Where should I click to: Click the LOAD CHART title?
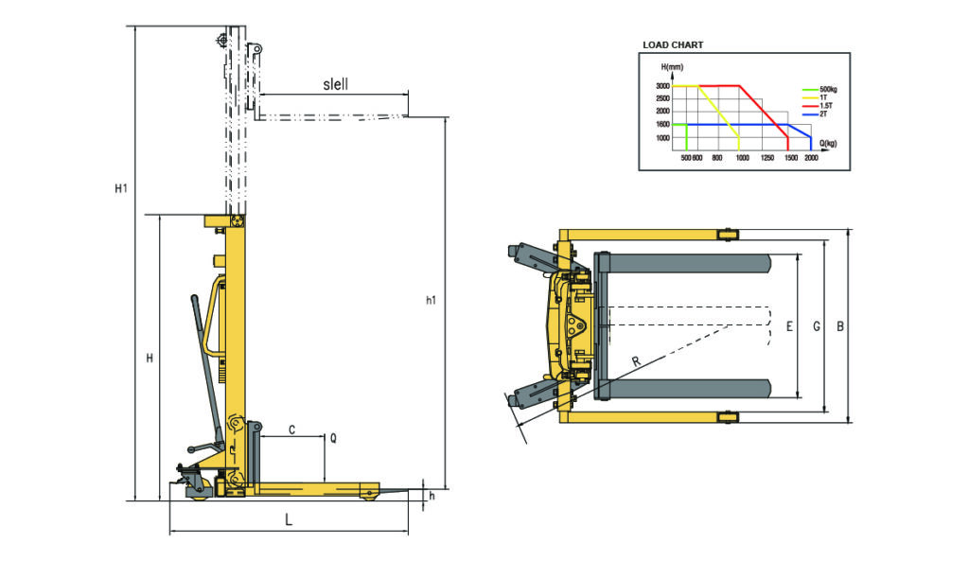coord(673,44)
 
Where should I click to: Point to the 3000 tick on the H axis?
coord(663,86)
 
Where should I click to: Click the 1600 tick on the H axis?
coord(663,125)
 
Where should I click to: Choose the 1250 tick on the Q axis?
coord(767,158)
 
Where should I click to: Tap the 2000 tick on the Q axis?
coord(811,158)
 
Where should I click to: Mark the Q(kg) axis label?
coord(827,143)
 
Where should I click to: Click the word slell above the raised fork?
coord(335,84)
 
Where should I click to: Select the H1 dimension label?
coord(121,189)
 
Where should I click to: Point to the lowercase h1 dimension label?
coord(431,301)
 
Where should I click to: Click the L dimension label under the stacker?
coord(289,519)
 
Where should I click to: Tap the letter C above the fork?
coord(291,430)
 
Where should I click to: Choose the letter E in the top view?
coord(789,327)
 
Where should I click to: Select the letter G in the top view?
coord(816,327)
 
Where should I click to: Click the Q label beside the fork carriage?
coord(332,439)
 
